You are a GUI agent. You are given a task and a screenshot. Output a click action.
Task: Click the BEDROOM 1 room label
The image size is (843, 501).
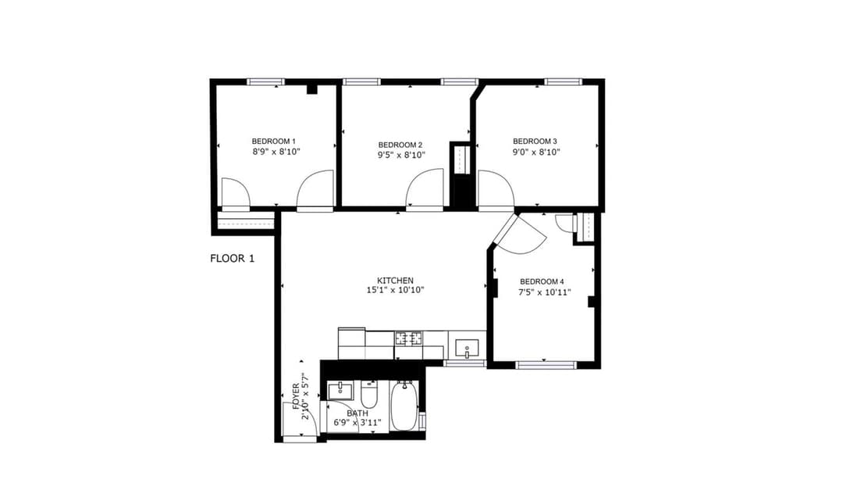coord(274,141)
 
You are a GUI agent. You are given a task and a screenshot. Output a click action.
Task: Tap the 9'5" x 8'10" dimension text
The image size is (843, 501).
coord(401,155)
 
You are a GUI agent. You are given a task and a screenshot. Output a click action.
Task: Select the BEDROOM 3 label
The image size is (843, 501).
coord(535,141)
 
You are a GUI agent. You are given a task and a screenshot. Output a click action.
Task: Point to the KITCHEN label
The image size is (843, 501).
coord(395,281)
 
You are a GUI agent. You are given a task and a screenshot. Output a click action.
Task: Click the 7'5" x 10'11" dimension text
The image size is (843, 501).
coord(544,292)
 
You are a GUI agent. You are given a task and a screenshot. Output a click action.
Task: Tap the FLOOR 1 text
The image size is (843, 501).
coord(233,258)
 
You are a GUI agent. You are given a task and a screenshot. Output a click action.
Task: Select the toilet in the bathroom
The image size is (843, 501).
coord(368,395)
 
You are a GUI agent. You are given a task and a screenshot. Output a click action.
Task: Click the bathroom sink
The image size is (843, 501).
coord(340,391)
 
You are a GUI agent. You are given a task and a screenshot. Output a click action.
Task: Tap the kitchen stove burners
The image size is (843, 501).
coord(409,338)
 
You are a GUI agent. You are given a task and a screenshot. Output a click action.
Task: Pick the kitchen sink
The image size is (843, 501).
coord(468,349)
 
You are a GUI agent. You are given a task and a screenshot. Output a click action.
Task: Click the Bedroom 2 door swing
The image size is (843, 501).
coord(425,188)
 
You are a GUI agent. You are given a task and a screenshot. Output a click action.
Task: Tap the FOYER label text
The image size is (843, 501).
coord(296,396)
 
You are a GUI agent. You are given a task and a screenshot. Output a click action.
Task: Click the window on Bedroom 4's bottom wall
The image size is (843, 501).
coord(546,365)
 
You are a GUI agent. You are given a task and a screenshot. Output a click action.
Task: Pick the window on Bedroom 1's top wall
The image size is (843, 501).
coord(266,82)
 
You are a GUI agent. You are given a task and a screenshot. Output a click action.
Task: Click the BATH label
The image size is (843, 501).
coord(357,413)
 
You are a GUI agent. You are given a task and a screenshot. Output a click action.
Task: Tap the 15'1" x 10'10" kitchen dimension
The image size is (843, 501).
coord(396,290)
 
